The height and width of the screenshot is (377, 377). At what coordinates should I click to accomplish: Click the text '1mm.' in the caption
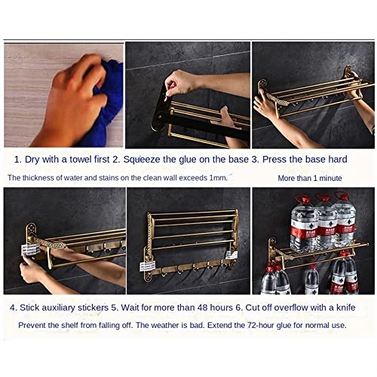pyautogui.click(x=216, y=178)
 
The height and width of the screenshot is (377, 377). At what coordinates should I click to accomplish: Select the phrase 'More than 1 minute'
pyautogui.click(x=309, y=179)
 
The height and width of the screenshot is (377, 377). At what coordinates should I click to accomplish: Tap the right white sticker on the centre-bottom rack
pyautogui.click(x=231, y=256)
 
